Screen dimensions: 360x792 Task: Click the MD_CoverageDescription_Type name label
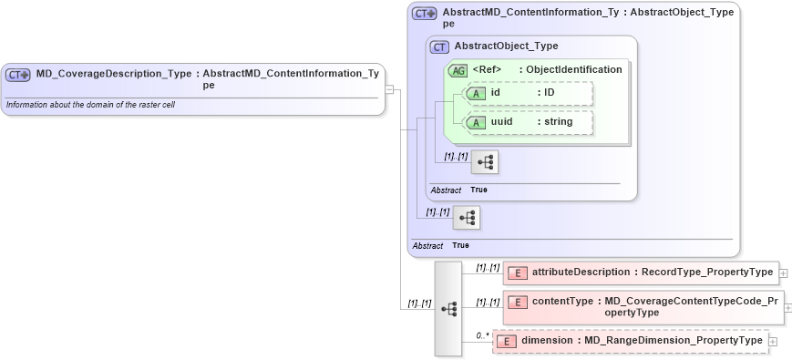pyautogui.click(x=114, y=74)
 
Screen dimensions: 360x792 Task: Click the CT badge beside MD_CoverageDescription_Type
pyautogui.click(x=18, y=75)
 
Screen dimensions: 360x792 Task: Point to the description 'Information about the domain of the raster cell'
pyautogui.click(x=90, y=105)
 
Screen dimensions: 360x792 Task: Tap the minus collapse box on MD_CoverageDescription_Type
pyautogui.click(x=389, y=89)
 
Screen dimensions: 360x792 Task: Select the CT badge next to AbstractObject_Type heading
pyautogui.click(x=439, y=46)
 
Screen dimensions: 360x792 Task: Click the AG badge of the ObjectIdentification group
pyautogui.click(x=458, y=70)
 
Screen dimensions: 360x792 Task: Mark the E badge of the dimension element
pyautogui.click(x=507, y=342)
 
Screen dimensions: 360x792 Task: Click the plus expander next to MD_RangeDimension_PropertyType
pyautogui.click(x=774, y=342)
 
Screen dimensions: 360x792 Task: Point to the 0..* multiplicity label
pyautogui.click(x=482, y=336)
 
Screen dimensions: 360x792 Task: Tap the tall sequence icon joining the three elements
pyautogui.click(x=448, y=309)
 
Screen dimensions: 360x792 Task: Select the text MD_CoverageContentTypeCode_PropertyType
pyautogui.click(x=692, y=306)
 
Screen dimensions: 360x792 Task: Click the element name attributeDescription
pyautogui.click(x=581, y=273)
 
